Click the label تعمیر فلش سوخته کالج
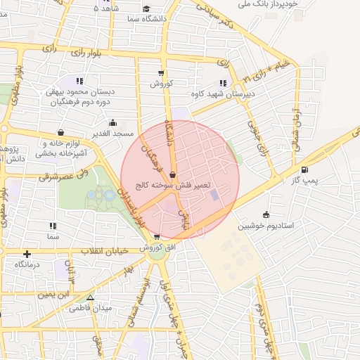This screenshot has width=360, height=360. tap(173, 186)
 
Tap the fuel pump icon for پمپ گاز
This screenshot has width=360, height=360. tap(304, 169)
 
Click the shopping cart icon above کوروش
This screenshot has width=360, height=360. tap(162, 72)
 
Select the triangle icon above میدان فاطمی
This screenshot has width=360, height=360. tap(90, 298)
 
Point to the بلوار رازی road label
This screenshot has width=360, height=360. tap(89, 53)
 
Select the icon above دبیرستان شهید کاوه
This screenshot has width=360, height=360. tap(224, 83)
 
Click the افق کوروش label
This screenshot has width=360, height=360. tap(153, 247)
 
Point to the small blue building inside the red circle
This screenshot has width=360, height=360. tap(214, 194)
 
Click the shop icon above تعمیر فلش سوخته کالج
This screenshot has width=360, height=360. tap(173, 176)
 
